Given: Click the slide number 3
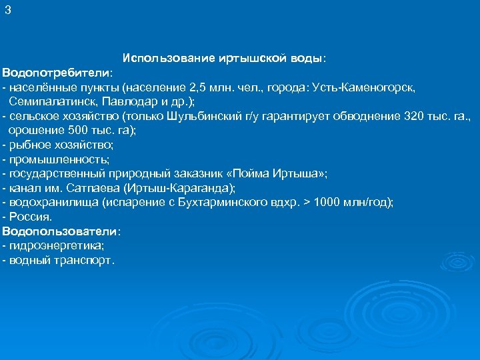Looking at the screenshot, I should pos(8,10).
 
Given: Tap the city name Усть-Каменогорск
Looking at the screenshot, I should pos(360,87).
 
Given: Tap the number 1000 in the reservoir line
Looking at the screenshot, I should pos(326,203).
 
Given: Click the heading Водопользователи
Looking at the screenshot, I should pos(60,231).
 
